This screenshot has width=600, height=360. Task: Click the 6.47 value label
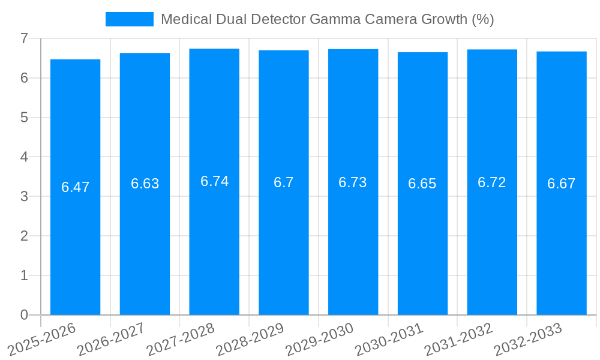click(x=75, y=187)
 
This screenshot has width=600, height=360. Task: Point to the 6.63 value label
click(x=145, y=184)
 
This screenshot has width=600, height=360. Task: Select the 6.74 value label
click(x=214, y=181)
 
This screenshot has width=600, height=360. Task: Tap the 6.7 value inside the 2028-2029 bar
click(x=284, y=182)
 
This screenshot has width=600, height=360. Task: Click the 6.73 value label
click(x=353, y=182)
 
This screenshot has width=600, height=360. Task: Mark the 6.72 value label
click(x=492, y=182)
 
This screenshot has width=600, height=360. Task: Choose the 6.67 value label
click(x=562, y=184)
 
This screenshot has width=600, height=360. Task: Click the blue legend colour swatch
click(x=129, y=19)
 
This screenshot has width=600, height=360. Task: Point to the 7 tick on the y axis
click(x=24, y=38)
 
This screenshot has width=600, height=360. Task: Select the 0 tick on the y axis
click(x=24, y=315)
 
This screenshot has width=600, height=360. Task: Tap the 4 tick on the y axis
click(x=24, y=157)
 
